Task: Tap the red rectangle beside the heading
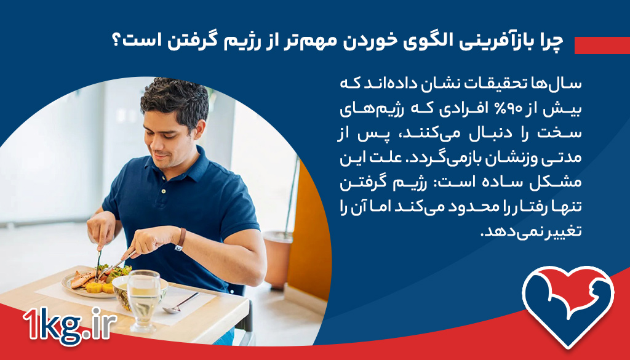pos(601,45)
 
